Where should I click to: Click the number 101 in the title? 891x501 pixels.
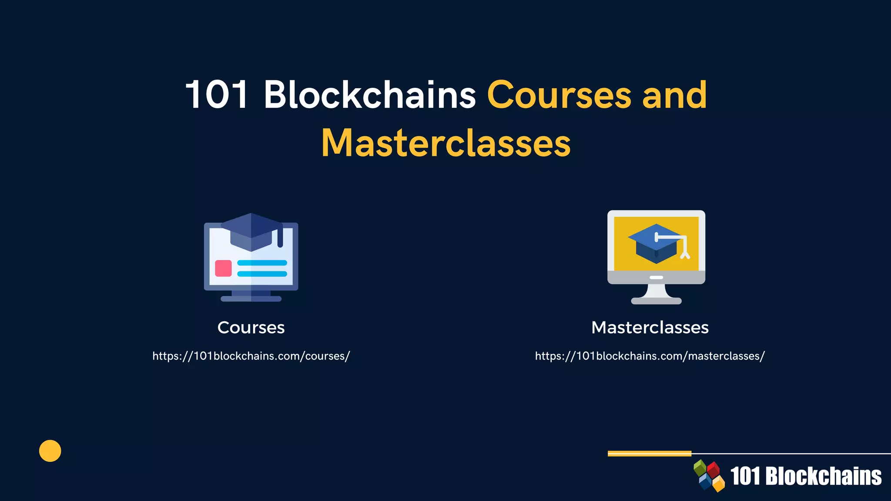(217, 94)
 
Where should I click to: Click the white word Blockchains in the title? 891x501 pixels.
(370, 94)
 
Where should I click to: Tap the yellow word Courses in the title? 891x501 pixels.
(559, 94)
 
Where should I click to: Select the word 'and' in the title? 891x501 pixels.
(675, 94)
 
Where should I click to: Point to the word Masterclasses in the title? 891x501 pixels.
(446, 143)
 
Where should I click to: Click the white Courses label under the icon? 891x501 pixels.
(251, 327)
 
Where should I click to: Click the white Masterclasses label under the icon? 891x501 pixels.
(650, 327)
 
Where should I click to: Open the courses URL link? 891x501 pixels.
(251, 356)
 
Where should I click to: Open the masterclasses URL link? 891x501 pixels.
(650, 356)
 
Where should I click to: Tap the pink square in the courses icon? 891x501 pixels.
(223, 268)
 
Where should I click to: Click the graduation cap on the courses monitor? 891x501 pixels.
(251, 231)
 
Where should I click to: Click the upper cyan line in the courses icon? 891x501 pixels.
(262, 263)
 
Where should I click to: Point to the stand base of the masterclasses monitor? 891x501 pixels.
(656, 301)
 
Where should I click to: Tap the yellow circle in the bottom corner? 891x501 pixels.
(50, 451)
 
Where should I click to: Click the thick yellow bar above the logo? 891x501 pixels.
(649, 454)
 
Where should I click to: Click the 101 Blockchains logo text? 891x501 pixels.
(806, 476)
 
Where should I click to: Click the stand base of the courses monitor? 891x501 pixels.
(251, 299)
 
